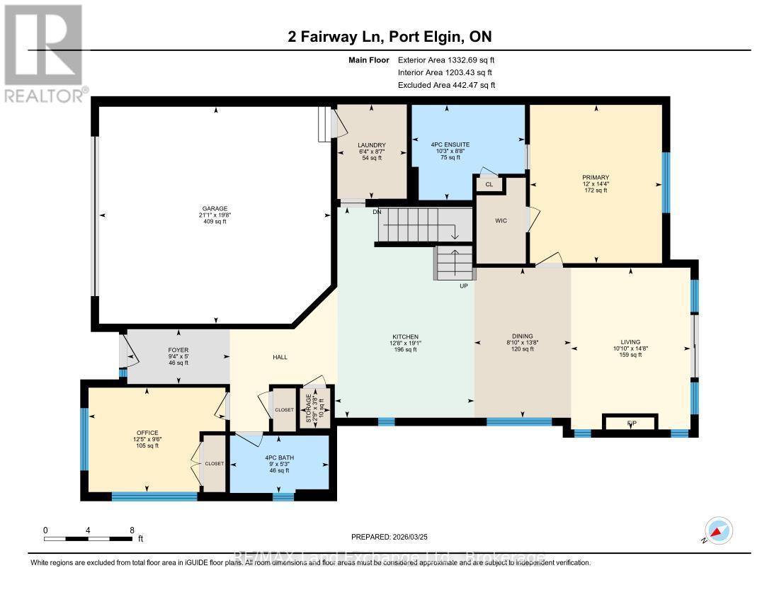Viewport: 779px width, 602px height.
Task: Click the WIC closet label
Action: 501,220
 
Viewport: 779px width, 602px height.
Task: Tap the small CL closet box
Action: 489,184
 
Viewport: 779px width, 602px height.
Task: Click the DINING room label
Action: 522,336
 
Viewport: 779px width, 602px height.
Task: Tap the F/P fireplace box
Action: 630,423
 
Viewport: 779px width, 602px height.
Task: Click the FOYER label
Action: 178,350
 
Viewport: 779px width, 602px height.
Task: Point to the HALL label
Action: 280,357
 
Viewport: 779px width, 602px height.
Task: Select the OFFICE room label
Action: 147,433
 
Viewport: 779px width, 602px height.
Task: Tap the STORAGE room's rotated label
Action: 308,407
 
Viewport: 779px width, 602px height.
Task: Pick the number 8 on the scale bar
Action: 132,530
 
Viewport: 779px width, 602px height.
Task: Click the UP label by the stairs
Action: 463,285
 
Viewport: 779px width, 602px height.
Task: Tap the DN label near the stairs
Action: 377,210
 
